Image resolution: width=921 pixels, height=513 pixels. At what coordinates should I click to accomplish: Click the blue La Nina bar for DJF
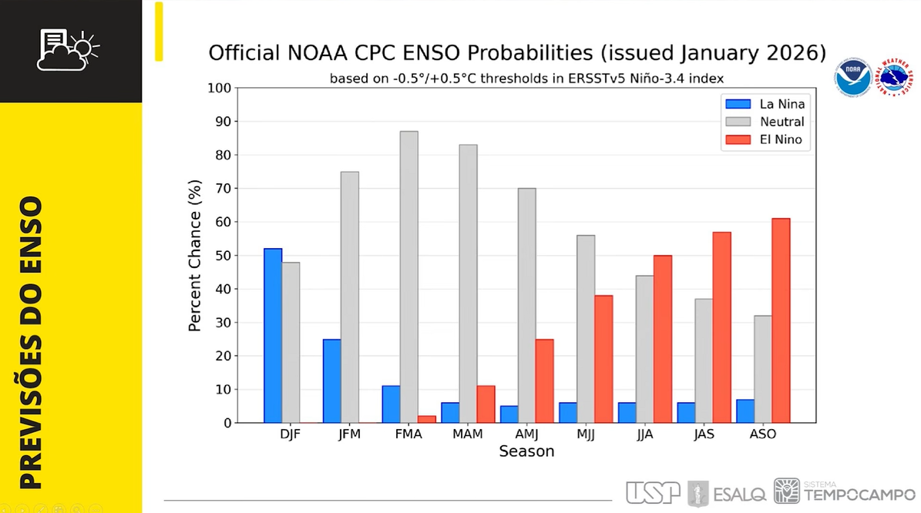273,336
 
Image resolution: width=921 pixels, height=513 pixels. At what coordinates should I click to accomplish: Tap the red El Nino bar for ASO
781,320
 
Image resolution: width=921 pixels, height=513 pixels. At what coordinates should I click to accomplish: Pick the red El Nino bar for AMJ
544,381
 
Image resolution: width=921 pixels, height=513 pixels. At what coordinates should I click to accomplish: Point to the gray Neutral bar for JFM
350,297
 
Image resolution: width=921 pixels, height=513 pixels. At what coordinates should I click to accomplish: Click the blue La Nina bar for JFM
332,381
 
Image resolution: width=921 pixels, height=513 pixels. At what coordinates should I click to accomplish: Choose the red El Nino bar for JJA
663,339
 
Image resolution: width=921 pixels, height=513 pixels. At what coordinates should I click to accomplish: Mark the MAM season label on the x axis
468,434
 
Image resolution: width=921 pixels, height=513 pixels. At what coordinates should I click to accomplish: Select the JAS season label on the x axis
704,434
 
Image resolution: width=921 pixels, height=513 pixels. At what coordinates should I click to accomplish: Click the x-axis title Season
526,451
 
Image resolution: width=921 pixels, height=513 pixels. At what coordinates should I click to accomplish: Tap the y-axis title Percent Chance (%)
195,256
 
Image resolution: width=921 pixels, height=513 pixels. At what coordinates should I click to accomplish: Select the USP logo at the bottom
653,492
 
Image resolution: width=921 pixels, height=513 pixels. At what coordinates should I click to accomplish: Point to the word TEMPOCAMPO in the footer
859,496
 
